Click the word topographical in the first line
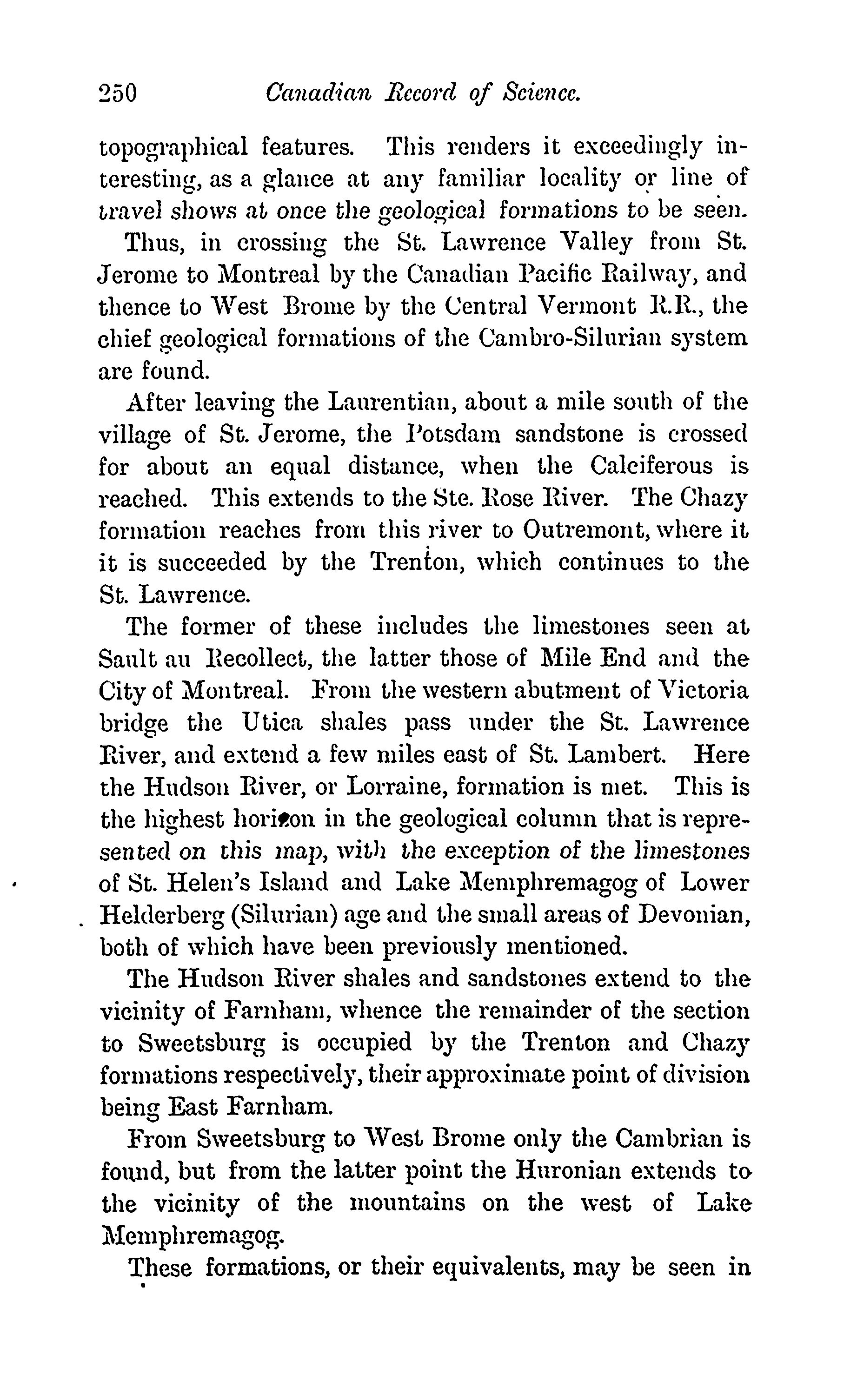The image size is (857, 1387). (x=173, y=148)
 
